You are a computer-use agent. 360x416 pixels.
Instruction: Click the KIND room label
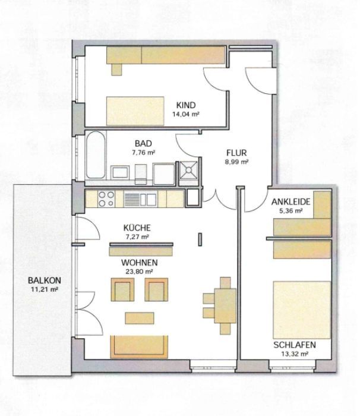click(x=186, y=105)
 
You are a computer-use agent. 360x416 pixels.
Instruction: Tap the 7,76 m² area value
click(x=143, y=153)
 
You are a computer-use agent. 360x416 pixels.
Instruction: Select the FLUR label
click(x=236, y=153)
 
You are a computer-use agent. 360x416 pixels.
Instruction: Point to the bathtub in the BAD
click(x=96, y=155)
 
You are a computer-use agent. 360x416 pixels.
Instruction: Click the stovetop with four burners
click(x=106, y=198)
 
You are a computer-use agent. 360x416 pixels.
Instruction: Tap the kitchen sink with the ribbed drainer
click(x=140, y=199)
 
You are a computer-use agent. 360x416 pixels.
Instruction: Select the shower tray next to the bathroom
click(x=189, y=170)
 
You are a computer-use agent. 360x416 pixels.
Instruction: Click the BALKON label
click(x=45, y=280)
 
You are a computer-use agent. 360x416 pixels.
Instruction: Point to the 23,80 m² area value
click(x=139, y=272)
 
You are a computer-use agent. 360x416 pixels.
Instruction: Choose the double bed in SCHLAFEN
click(x=302, y=310)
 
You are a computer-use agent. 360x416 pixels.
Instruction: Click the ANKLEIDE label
click(x=290, y=202)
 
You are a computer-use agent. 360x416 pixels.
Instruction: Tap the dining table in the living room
click(x=225, y=305)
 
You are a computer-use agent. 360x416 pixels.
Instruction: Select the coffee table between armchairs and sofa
click(x=139, y=318)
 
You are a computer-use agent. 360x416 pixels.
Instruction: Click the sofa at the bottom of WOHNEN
click(x=139, y=347)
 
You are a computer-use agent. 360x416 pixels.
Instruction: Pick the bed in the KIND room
click(x=135, y=111)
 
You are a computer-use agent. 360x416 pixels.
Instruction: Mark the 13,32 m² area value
click(x=295, y=354)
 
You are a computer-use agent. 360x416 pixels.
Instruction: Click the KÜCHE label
click(x=137, y=228)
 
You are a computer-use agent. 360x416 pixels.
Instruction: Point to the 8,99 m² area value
click(x=236, y=162)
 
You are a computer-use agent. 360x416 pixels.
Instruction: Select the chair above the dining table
click(x=225, y=282)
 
